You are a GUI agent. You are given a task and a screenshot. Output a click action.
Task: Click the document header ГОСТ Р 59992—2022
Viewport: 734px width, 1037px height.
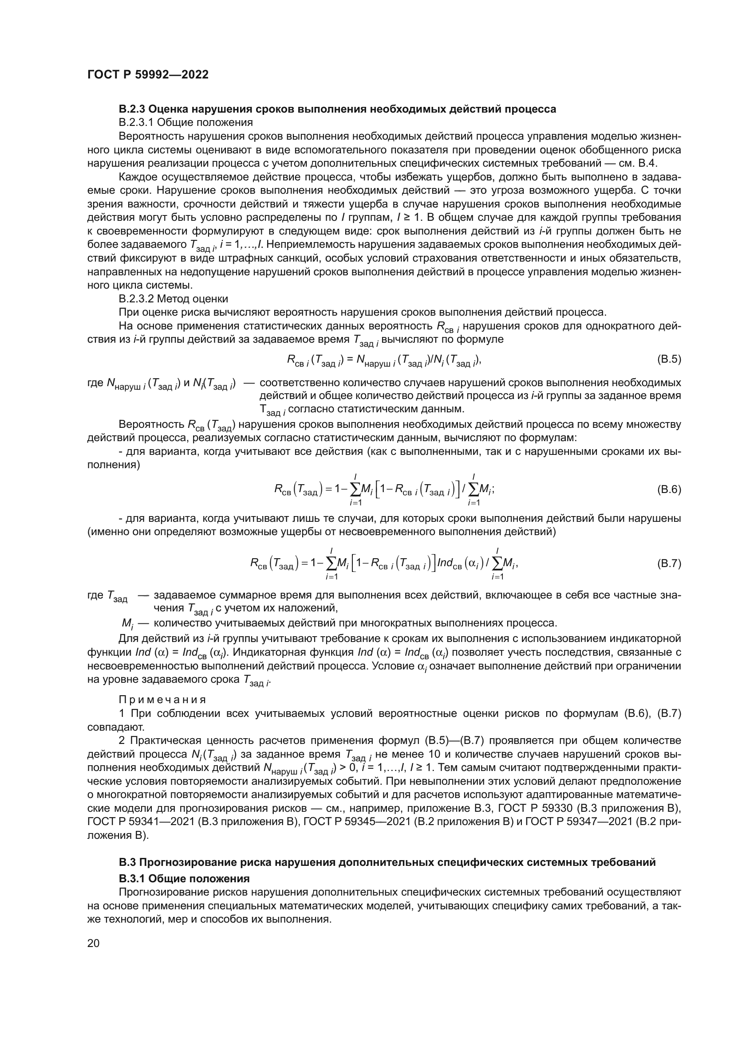pos(148,75)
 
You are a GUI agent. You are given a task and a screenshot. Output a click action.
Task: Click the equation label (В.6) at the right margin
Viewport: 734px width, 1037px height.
pos(668,489)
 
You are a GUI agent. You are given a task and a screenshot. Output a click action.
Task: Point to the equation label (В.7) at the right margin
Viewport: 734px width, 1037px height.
pos(668,563)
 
